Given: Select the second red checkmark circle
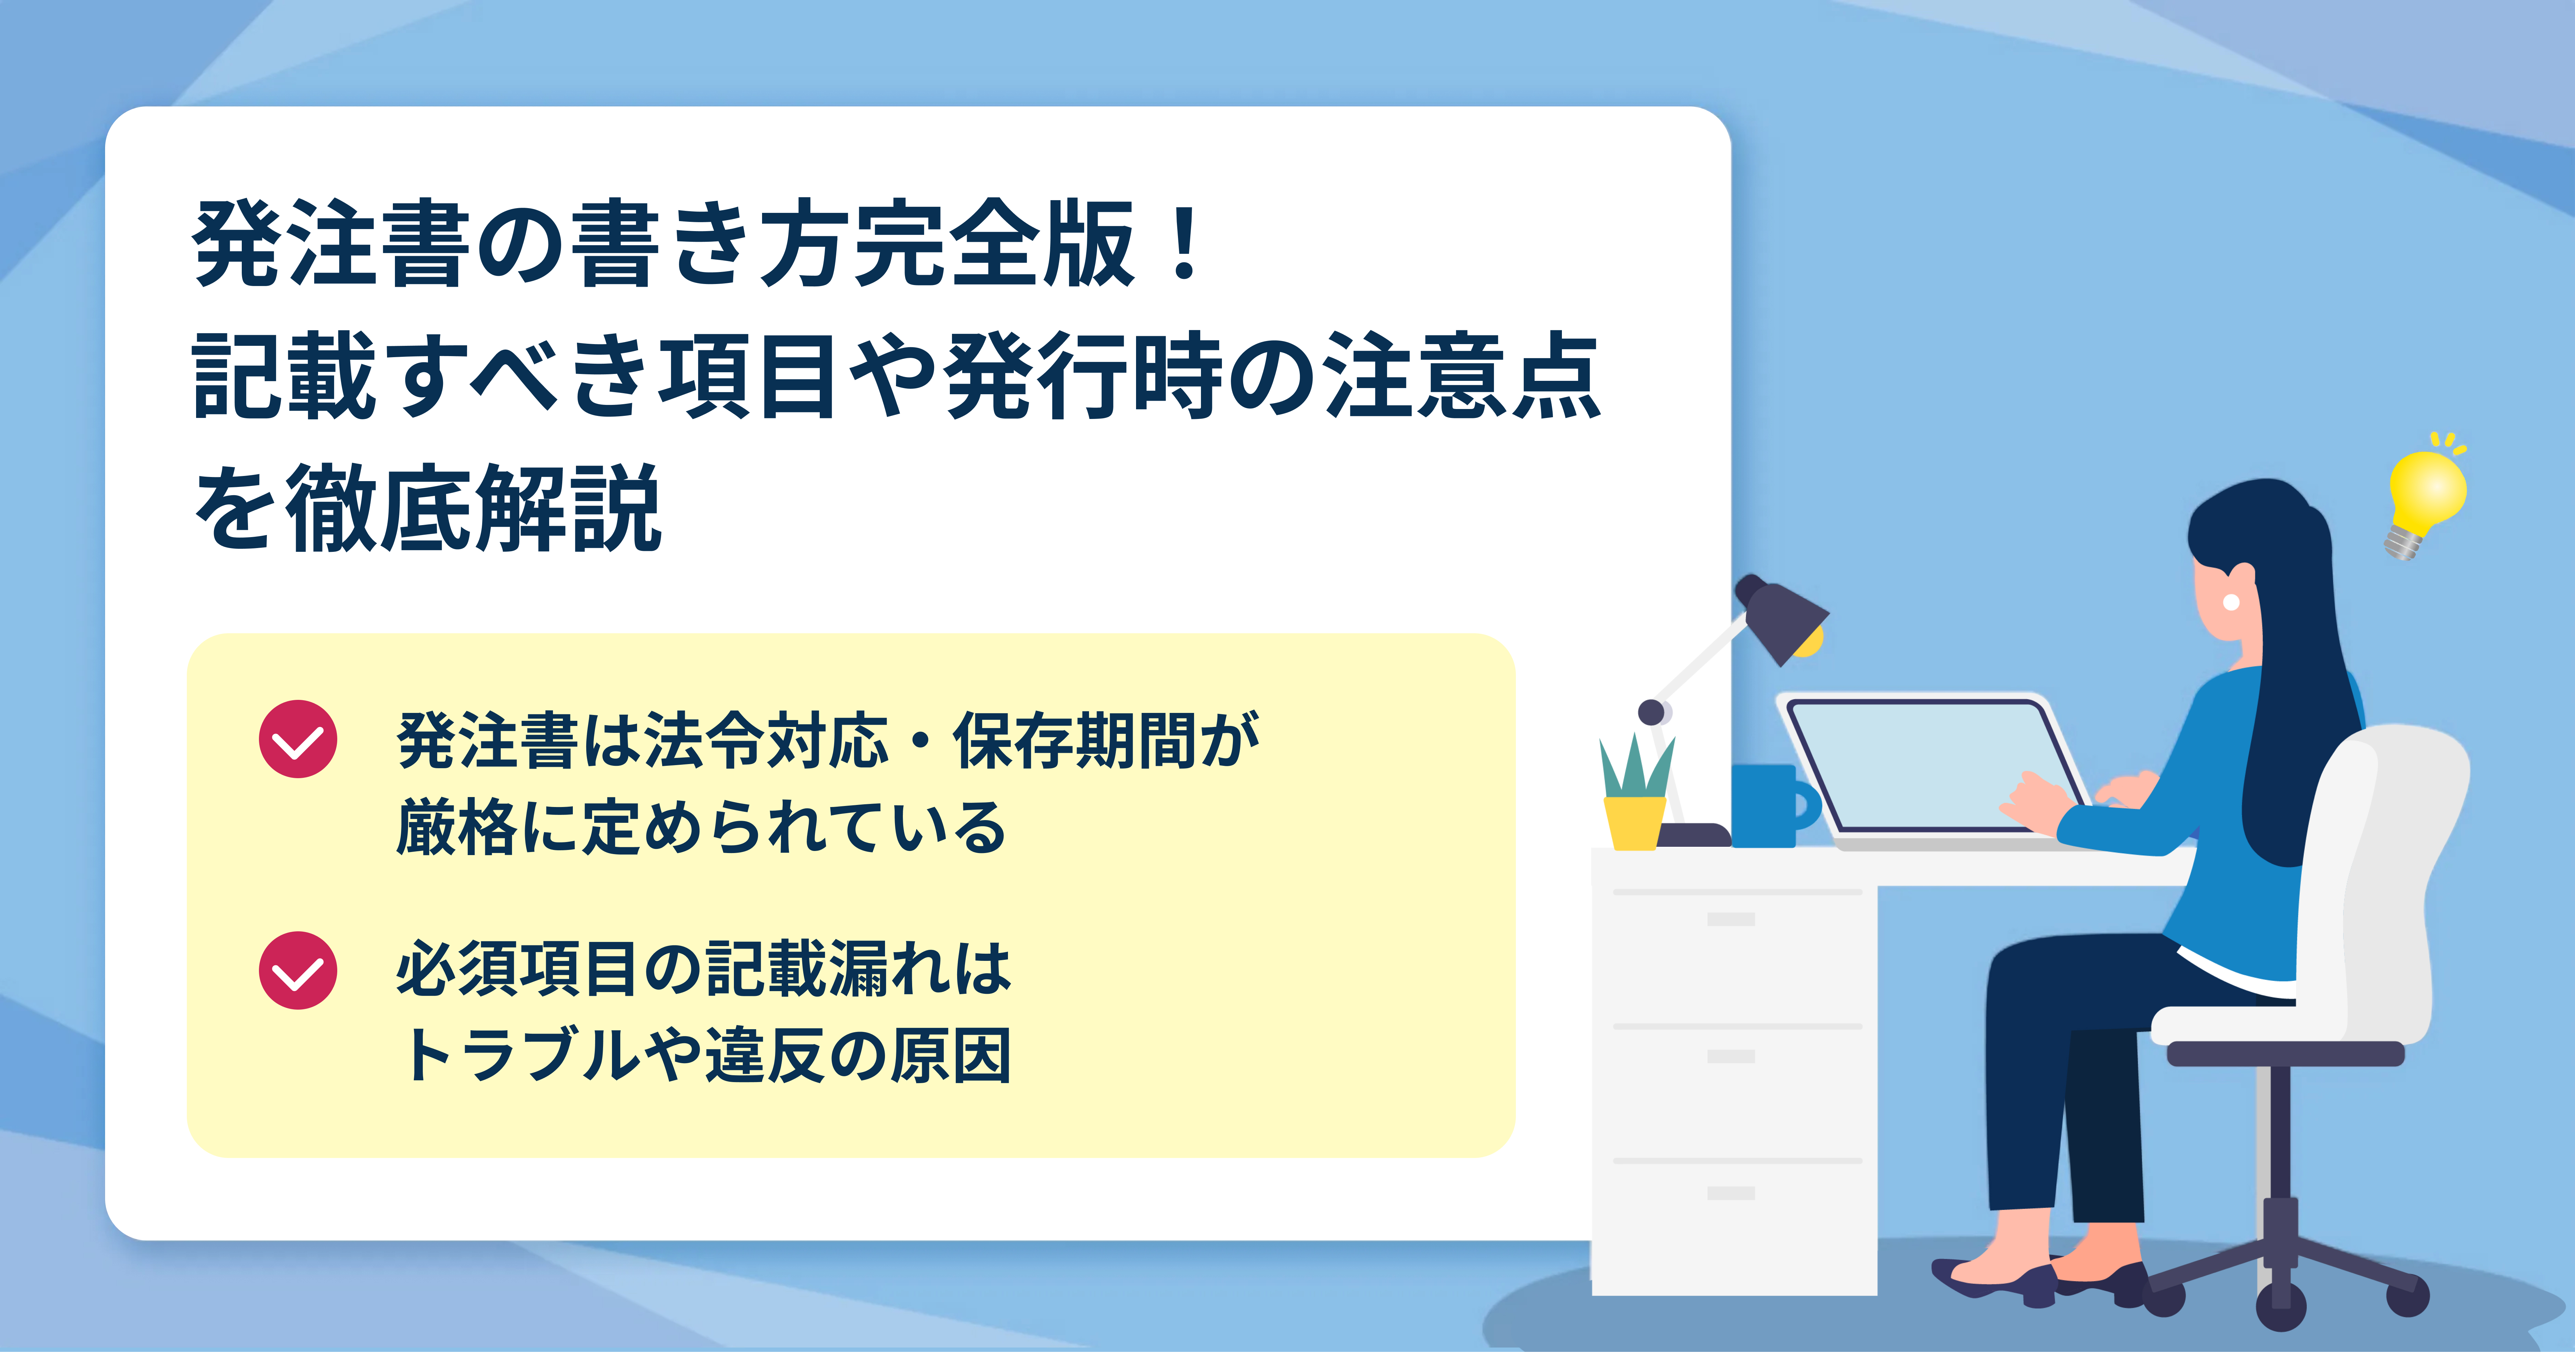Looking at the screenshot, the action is coord(298,970).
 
